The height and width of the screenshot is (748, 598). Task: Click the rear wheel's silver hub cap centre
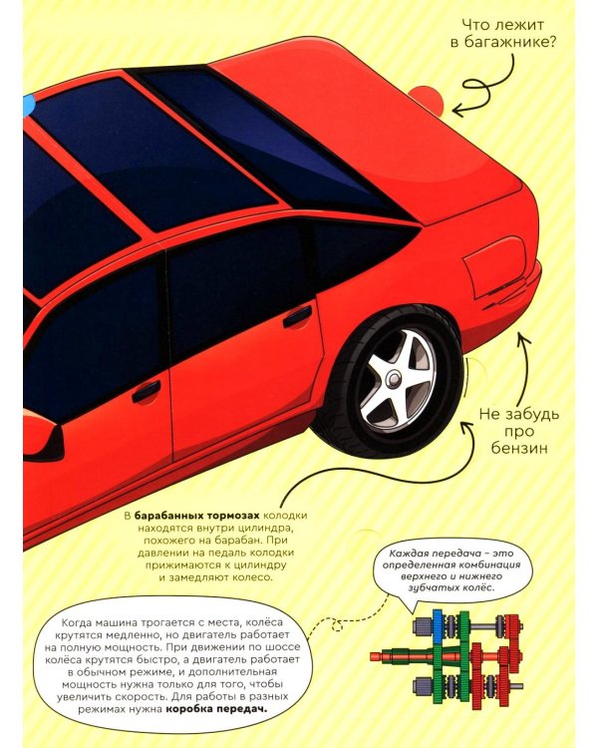pyautogui.click(x=395, y=379)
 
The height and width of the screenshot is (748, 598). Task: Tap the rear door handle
pyautogui.click(x=297, y=316)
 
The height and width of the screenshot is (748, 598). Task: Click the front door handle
pyautogui.click(x=146, y=391)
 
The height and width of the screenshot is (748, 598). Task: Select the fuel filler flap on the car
pyautogui.click(x=495, y=267)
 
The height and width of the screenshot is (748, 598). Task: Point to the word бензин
pyautogui.click(x=519, y=449)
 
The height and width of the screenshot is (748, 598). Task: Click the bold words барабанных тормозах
pyautogui.click(x=197, y=516)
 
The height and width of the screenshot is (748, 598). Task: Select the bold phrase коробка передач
pyautogui.click(x=216, y=709)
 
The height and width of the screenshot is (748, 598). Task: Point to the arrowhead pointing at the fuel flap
pyautogui.click(x=524, y=339)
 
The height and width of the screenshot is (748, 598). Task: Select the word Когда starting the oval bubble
pyautogui.click(x=77, y=622)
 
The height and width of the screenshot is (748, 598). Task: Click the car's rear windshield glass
pyautogui.click(x=272, y=139)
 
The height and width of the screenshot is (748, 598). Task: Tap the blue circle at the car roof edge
pyautogui.click(x=26, y=105)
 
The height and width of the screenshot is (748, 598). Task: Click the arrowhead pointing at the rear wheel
pyautogui.click(x=468, y=426)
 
